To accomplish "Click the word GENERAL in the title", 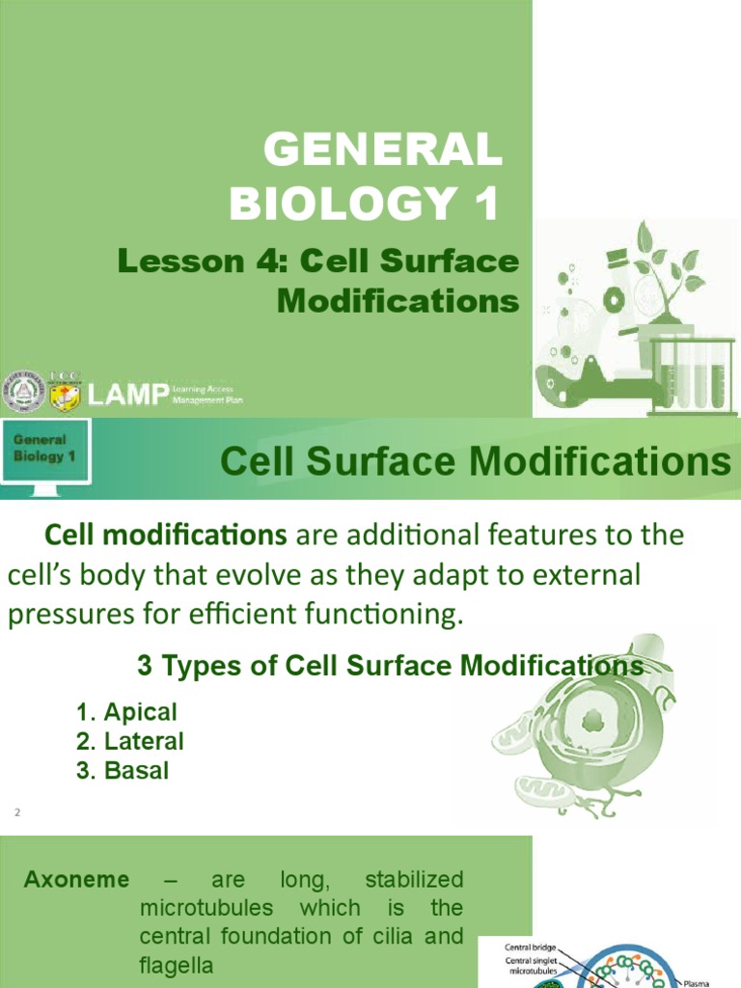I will coord(383,151).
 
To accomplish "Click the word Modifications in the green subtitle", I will coord(398,301).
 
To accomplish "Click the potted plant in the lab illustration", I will coord(671,273).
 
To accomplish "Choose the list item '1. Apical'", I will coord(126,713).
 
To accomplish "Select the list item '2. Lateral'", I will coord(129,742).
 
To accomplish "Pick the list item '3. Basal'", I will coord(123,771).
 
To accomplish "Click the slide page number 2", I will coord(16,813).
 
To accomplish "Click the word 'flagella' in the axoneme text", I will coord(176,965).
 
